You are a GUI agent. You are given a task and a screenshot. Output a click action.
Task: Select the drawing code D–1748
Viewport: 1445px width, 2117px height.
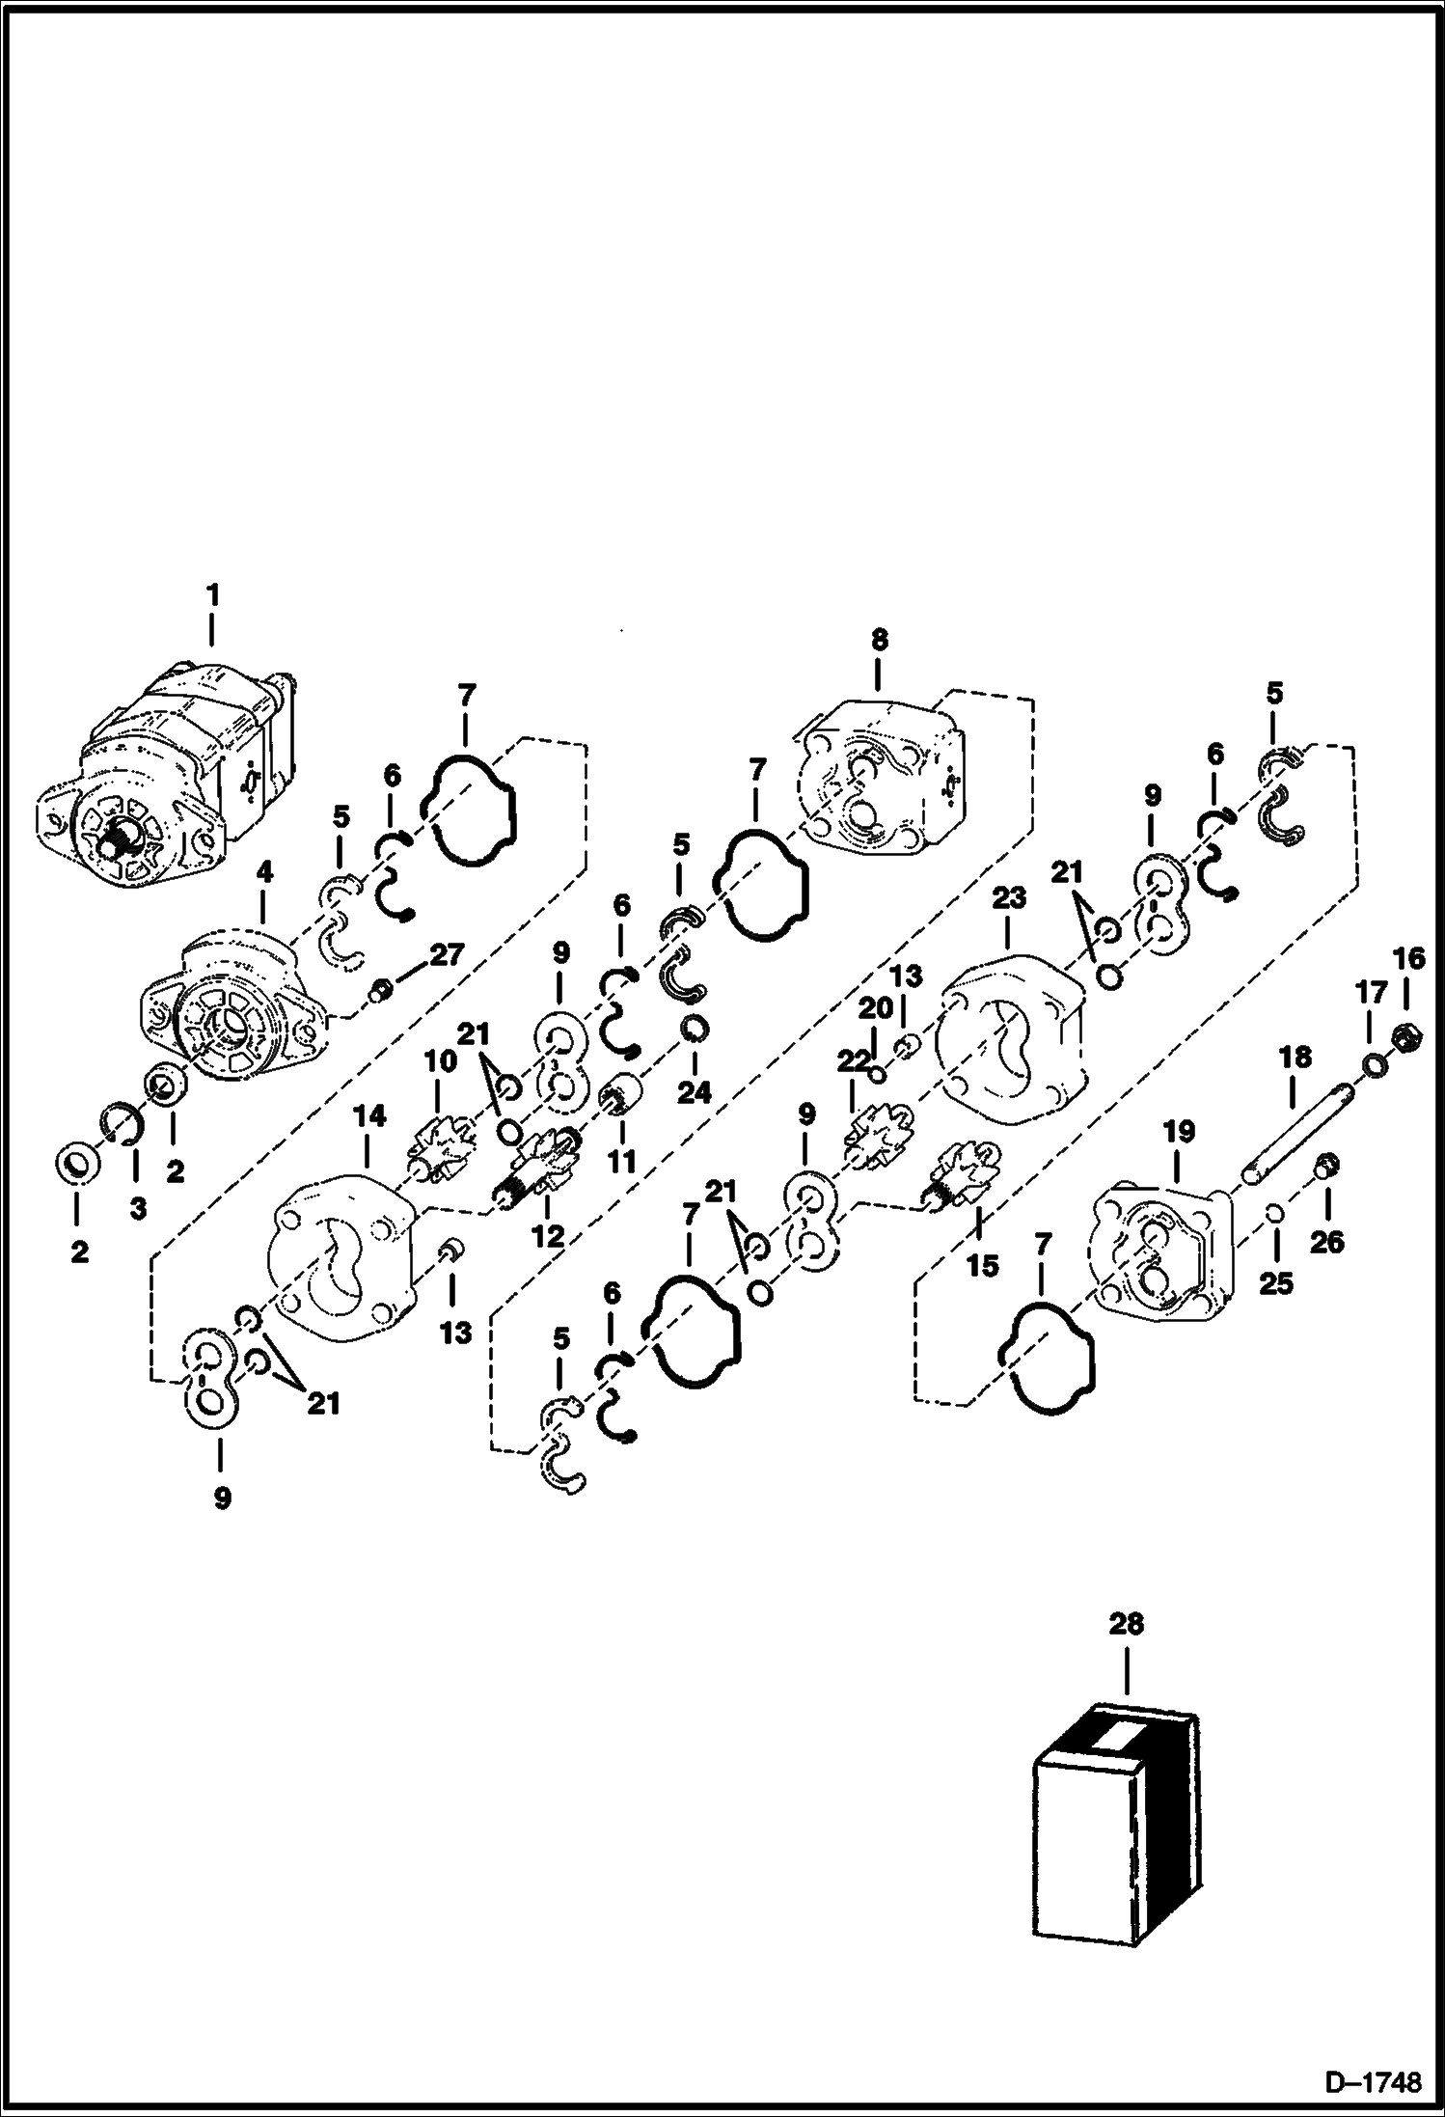tap(1374, 2081)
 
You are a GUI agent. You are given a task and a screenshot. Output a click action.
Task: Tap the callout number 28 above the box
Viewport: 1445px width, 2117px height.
tap(1126, 1623)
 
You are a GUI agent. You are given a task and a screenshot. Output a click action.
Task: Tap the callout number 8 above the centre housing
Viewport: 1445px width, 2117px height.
tap(878, 640)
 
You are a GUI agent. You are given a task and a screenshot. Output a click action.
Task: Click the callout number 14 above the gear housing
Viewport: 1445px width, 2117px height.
tap(368, 1116)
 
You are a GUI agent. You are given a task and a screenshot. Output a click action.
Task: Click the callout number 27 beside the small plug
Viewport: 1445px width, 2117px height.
tap(447, 955)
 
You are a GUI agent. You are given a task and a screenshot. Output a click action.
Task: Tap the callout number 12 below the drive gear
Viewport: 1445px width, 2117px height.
tap(547, 1236)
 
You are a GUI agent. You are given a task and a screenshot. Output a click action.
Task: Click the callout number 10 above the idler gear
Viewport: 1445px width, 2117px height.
tap(441, 1061)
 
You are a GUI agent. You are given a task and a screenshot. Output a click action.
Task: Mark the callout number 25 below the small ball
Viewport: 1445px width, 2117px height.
tap(1275, 1284)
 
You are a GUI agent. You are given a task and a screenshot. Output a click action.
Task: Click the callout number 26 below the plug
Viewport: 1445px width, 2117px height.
tap(1326, 1241)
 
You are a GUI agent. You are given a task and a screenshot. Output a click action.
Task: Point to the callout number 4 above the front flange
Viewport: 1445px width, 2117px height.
tap(263, 872)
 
